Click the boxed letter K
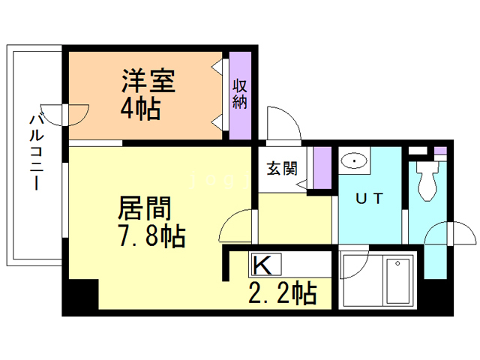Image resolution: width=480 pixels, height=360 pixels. pyautogui.click(x=262, y=265)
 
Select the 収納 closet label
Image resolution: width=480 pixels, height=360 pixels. pyautogui.click(x=239, y=94)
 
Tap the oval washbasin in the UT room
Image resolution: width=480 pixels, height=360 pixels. pyautogui.click(x=352, y=160)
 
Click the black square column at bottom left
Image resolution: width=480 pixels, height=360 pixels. pyautogui.click(x=80, y=296)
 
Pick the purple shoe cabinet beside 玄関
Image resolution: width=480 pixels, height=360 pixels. pyautogui.click(x=322, y=169)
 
